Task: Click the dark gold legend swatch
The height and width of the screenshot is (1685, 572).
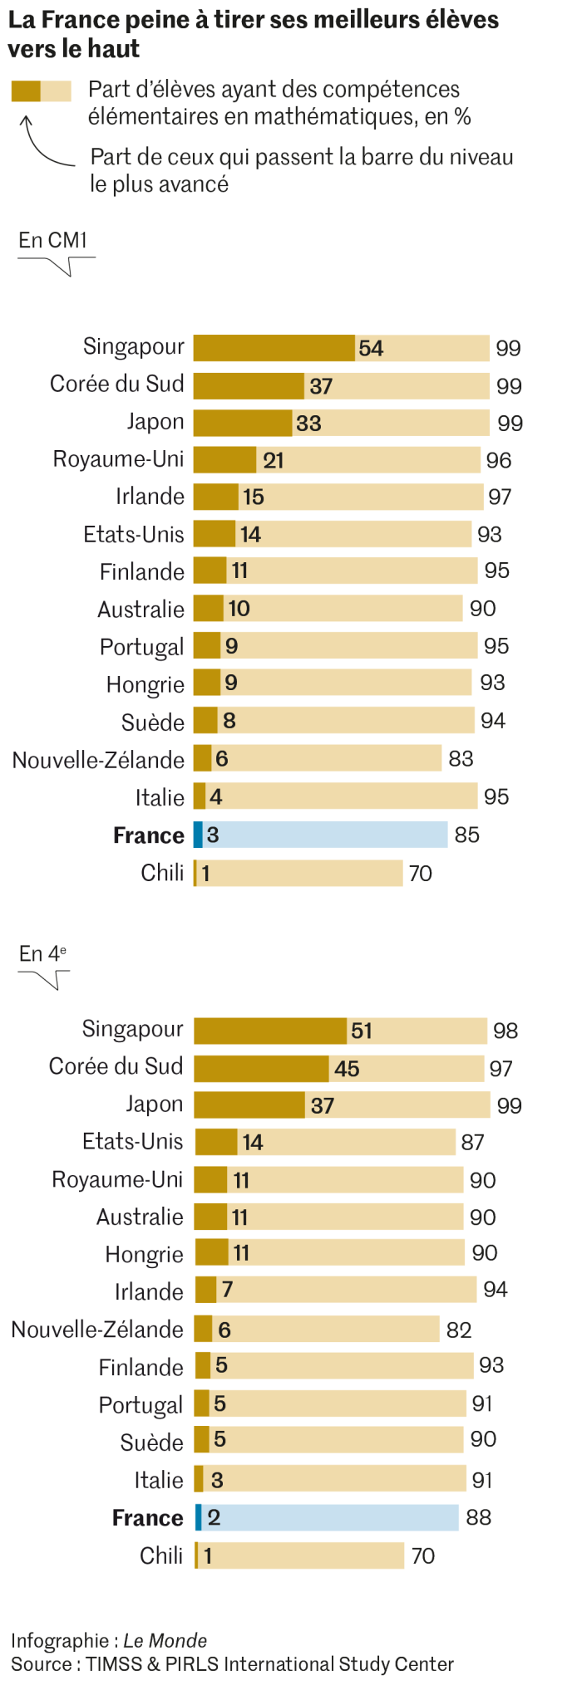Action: point(26,91)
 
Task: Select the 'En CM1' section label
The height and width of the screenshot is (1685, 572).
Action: point(53,241)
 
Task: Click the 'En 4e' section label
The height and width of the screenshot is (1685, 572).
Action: point(42,954)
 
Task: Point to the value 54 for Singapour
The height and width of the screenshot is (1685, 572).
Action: point(371,349)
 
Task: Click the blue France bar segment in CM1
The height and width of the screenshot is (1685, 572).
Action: point(198,835)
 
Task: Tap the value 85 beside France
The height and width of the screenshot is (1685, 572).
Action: point(466,835)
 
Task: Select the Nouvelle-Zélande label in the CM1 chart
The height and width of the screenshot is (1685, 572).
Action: point(98,760)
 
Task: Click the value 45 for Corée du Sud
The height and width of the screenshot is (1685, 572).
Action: point(347,1069)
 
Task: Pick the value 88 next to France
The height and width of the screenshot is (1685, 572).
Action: point(478,1518)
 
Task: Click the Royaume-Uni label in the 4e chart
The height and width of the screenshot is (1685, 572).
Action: point(117,1180)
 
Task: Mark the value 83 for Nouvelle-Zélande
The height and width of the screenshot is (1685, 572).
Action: point(461,759)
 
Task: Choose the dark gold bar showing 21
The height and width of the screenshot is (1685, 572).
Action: point(224,460)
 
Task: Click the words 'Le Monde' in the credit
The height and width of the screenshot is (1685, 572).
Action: point(165,1641)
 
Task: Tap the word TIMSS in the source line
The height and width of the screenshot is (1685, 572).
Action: point(114,1664)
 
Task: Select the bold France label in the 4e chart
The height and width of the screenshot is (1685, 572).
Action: point(147,1518)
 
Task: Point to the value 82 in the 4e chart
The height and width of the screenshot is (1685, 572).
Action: point(459,1330)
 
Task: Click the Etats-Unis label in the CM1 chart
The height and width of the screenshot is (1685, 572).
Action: point(134,534)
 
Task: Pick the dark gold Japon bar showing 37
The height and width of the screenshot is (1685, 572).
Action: point(249,1105)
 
